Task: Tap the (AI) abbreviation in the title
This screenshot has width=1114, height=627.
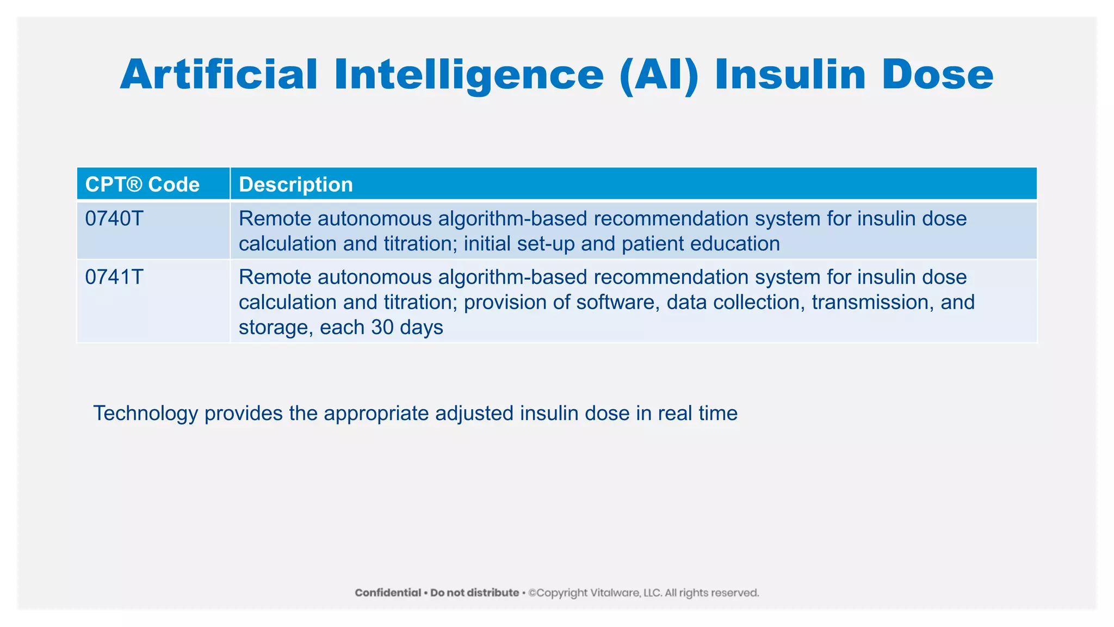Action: (x=659, y=75)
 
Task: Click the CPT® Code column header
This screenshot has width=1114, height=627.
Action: (x=143, y=185)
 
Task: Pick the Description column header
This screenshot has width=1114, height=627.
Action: (x=296, y=185)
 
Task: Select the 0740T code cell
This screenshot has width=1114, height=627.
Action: (x=114, y=219)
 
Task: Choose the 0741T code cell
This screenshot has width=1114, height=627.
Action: (x=114, y=278)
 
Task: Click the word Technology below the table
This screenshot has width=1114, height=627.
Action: (x=145, y=414)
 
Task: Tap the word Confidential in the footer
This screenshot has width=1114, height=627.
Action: (x=388, y=593)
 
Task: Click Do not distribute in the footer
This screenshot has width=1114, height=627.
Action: (x=474, y=593)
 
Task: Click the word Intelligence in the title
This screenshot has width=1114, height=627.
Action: (x=469, y=75)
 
